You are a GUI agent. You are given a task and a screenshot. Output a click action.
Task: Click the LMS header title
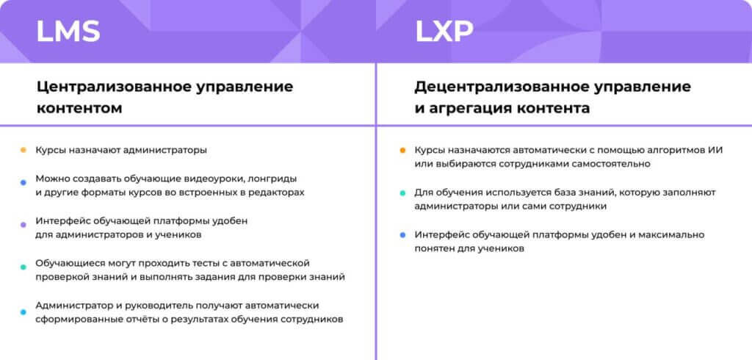(x=68, y=32)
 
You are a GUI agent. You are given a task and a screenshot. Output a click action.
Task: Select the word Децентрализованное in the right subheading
(x=502, y=86)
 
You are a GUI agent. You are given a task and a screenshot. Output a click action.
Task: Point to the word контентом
(x=79, y=108)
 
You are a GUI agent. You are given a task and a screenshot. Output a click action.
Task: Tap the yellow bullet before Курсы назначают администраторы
(x=23, y=150)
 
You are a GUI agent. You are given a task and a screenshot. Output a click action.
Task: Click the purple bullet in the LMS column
(x=23, y=221)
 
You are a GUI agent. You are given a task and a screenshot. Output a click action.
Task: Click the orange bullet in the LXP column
(x=402, y=150)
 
